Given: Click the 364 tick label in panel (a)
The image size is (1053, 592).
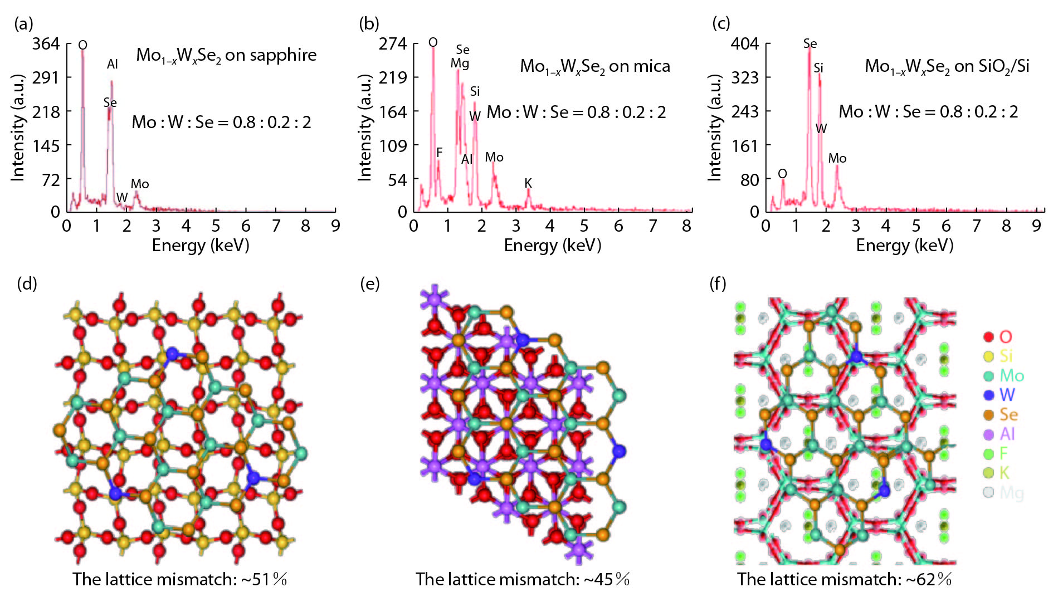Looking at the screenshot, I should (46, 43).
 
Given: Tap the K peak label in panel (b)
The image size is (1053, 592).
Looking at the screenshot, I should (528, 183).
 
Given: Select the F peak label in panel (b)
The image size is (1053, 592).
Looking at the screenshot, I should (439, 152).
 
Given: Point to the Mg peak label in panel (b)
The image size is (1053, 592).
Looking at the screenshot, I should (460, 63).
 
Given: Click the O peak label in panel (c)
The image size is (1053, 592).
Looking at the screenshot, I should (782, 174).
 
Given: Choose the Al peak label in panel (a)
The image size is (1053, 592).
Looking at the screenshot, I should (113, 64).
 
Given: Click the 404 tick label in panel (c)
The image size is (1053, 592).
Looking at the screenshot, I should (745, 43).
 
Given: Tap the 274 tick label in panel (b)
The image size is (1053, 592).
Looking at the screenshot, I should (393, 43).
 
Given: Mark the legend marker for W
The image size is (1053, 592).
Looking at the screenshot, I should (989, 395).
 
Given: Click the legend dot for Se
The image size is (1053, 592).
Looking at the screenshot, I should (989, 415).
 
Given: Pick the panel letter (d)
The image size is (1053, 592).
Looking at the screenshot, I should (27, 283).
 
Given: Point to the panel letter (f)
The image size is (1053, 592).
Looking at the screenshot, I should (718, 283).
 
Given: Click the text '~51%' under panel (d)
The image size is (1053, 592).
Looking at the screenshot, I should (264, 579).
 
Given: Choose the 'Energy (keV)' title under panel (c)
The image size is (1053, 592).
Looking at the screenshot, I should (904, 245).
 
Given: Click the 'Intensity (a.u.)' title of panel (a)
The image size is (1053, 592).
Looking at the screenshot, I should (18, 127).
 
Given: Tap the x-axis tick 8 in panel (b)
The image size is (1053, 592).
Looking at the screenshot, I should (686, 226).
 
